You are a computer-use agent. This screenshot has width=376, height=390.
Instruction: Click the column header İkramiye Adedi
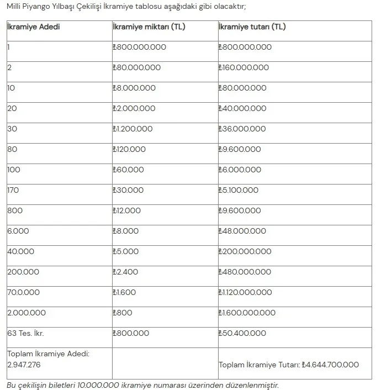[x=33, y=27]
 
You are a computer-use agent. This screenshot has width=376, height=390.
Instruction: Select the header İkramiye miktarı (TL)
[x=149, y=27]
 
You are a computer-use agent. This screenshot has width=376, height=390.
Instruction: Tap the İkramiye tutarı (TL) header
[x=252, y=27]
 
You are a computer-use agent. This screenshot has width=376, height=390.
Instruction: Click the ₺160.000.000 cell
[x=243, y=67]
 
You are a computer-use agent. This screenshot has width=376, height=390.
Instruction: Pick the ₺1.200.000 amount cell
[x=132, y=129]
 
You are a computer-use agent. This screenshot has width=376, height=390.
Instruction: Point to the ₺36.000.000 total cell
[x=242, y=129]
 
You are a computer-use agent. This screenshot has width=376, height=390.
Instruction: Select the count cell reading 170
[x=13, y=190]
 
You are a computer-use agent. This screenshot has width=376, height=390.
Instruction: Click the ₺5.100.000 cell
[x=239, y=190]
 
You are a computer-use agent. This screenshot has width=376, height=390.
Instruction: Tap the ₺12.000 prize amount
[x=126, y=210]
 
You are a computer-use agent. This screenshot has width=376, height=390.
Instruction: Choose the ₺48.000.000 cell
[x=242, y=231]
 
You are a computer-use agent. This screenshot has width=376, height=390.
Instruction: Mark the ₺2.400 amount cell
[x=125, y=272]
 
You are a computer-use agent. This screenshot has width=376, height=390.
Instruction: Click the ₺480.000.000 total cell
[x=244, y=272]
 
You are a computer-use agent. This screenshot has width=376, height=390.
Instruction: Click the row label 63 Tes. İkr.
[x=25, y=333]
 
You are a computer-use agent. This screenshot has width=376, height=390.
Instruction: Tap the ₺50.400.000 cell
[x=242, y=333]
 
